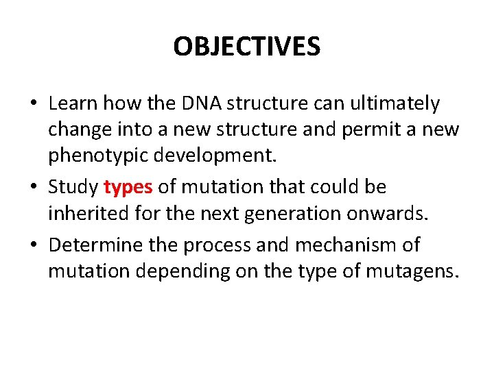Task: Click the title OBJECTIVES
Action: click(246, 47)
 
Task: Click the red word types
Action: click(128, 187)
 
